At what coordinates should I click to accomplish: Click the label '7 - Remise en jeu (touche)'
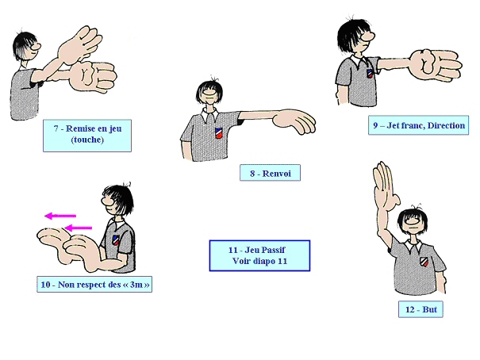click(87, 136)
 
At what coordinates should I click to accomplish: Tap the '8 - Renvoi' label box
click(270, 173)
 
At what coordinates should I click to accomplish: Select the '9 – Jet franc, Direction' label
click(418, 125)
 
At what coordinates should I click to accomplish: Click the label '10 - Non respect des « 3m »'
click(94, 285)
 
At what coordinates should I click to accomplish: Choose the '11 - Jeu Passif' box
click(259, 255)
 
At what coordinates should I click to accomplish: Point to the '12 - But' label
click(420, 309)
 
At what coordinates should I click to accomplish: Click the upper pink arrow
click(60, 216)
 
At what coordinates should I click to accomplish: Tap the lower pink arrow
click(79, 228)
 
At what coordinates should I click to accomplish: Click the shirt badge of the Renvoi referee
click(218, 133)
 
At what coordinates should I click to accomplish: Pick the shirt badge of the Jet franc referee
click(370, 74)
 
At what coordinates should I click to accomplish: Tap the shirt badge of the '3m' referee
click(116, 240)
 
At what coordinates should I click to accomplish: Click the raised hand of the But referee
click(385, 186)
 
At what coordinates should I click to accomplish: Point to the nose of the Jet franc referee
click(368, 36)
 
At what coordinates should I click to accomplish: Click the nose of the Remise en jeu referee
click(36, 47)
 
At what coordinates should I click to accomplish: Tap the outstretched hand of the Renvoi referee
click(294, 121)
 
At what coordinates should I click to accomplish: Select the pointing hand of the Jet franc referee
click(436, 65)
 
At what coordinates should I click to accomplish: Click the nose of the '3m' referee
click(106, 201)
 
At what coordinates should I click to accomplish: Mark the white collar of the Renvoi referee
click(210, 114)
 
